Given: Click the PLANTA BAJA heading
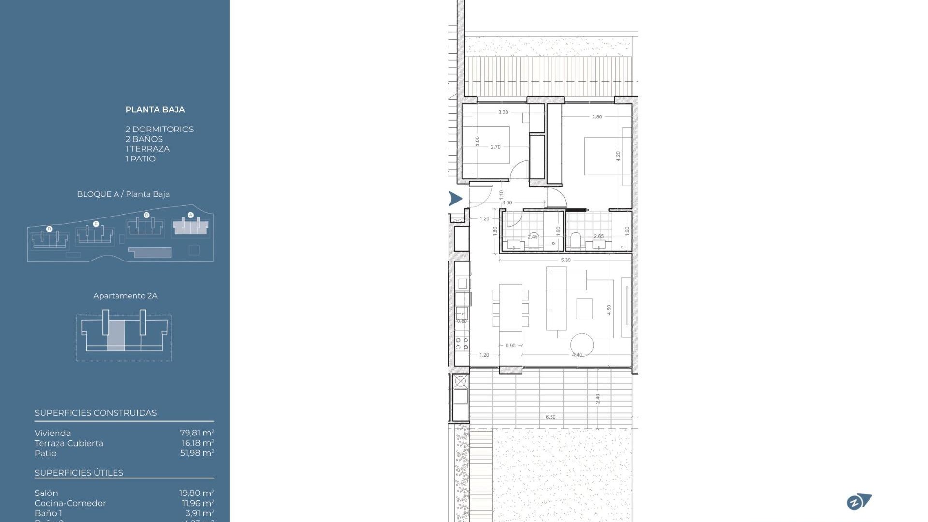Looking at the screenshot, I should point(155,110).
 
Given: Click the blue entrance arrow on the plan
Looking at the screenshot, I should point(455,198).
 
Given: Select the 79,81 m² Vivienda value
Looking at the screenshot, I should point(197,433).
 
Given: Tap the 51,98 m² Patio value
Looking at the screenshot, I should point(197,453).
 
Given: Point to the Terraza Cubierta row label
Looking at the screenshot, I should point(69,443).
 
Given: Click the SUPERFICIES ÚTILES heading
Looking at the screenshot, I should point(79,473).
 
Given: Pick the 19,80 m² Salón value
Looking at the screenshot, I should point(196,493).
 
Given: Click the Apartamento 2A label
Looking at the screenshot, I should point(125,296).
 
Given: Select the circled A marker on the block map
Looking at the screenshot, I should point(190,215).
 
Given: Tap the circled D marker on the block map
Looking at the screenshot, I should point(49,229).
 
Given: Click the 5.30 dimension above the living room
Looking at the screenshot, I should point(565,260).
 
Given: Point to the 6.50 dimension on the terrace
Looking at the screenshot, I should point(551,417).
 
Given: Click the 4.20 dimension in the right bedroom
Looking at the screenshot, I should point(618,156).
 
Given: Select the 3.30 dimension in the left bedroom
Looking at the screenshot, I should point(503,112).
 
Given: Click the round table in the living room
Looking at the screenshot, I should point(582,345).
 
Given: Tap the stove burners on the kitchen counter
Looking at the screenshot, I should point(462,344).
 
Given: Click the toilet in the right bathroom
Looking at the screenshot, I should point(576,240).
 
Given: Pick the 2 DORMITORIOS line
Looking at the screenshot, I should point(159,130).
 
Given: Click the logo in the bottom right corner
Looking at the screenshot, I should point(859,502).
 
